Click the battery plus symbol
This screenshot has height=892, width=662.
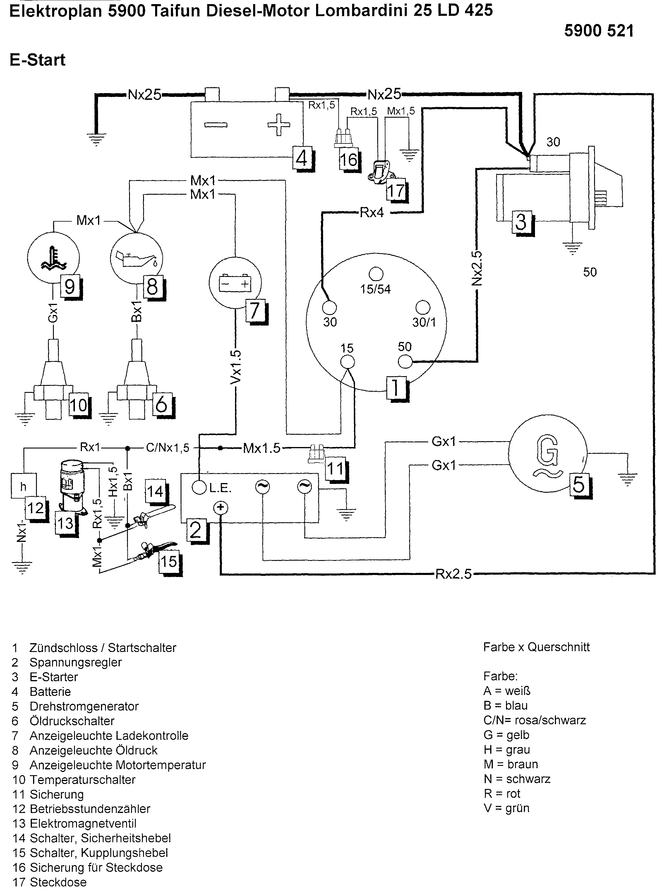tap(279, 125)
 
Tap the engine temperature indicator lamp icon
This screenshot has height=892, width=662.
tap(53, 258)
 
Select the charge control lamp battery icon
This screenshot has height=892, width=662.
tap(235, 283)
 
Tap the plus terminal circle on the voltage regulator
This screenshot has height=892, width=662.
tap(220, 508)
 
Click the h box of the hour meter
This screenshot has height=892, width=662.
tap(23, 486)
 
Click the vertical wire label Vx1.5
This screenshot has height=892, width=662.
tap(236, 367)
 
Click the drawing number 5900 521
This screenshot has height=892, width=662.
tap(599, 31)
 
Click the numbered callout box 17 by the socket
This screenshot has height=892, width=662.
tap(395, 191)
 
